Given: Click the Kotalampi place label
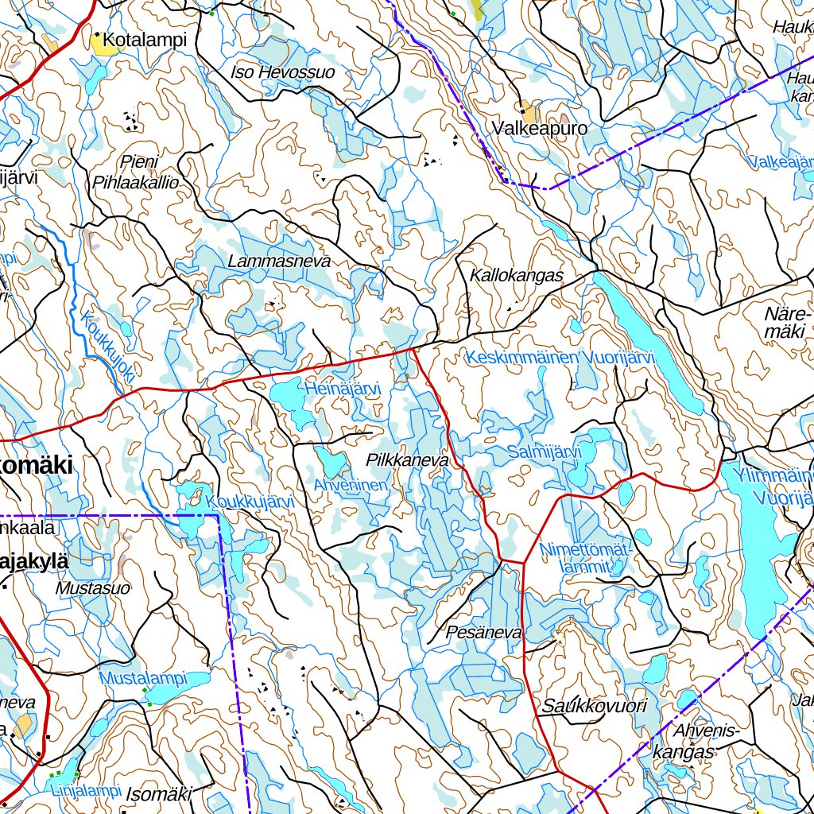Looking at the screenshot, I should [145, 40].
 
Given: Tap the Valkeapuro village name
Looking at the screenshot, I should [529, 128].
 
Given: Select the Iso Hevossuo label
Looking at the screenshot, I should [282, 72].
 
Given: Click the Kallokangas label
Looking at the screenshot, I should [517, 276].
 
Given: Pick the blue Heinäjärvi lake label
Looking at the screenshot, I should [343, 389].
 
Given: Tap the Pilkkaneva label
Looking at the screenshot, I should [408, 460].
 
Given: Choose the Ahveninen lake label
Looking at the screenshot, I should [350, 485].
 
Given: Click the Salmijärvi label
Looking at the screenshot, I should [545, 452].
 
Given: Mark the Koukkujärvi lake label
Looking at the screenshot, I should [250, 502].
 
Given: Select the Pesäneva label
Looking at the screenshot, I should [484, 633].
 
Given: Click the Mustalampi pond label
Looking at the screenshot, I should [143, 679].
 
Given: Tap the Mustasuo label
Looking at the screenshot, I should [92, 589].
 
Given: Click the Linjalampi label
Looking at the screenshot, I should [84, 791].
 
